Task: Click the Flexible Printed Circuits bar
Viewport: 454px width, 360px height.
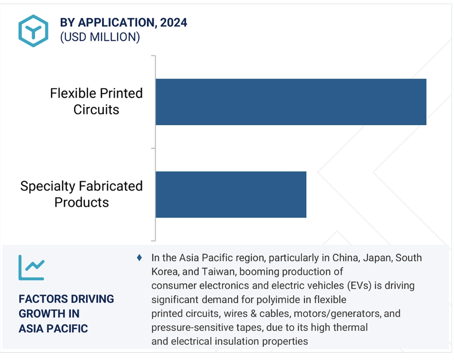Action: [291, 102]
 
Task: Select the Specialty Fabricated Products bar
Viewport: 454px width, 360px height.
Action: [231, 195]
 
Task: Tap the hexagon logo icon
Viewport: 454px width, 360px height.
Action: [33, 31]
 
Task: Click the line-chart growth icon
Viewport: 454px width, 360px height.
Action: [32, 267]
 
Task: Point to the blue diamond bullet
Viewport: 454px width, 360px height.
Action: [139, 257]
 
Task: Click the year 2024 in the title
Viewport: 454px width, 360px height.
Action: [174, 22]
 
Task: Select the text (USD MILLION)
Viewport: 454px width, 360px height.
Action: [100, 37]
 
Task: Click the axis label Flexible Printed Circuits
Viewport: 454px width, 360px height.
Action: [96, 102]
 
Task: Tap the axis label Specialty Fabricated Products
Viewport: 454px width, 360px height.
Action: [81, 194]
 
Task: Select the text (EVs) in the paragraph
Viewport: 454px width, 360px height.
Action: [359, 285]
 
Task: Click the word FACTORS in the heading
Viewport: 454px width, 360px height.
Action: [41, 299]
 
